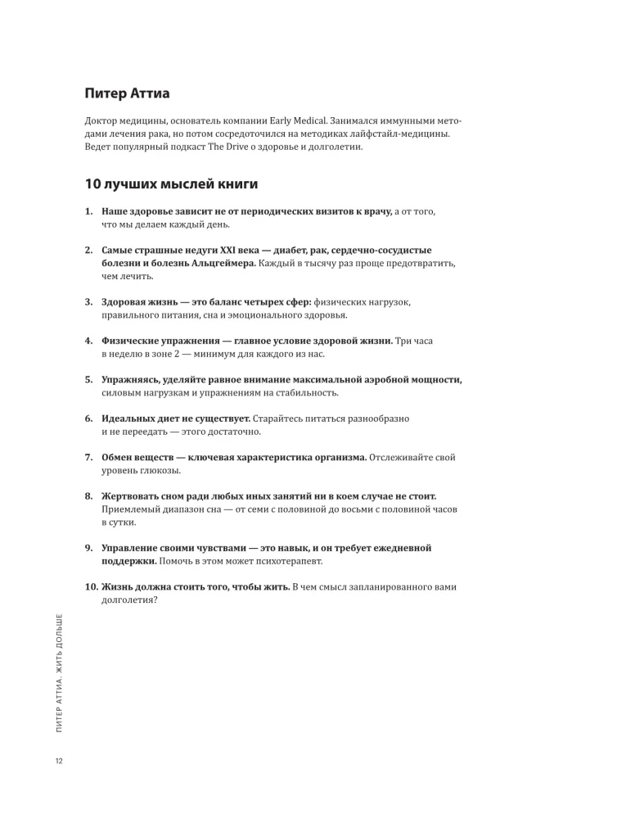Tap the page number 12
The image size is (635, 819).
coord(59,762)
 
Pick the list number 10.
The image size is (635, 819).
coord(91,586)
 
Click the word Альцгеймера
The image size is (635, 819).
coord(221,264)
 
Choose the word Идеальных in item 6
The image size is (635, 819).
coord(130,419)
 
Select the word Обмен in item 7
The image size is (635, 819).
coord(119,457)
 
